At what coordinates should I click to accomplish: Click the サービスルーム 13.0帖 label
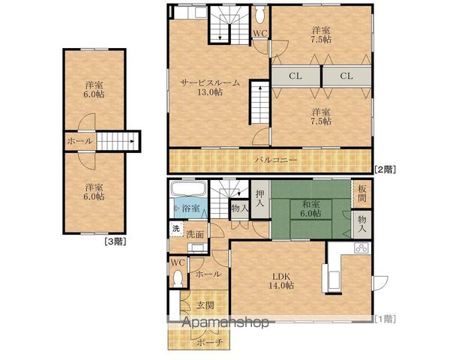click(210, 87)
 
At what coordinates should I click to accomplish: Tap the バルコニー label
click(276, 160)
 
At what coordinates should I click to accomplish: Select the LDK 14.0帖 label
click(281, 281)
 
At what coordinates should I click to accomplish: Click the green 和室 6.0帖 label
click(310, 209)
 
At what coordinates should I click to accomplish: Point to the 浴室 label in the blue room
click(191, 208)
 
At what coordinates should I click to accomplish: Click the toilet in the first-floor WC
click(178, 278)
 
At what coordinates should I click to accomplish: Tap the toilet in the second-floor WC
click(260, 15)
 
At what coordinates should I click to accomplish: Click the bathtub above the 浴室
click(188, 189)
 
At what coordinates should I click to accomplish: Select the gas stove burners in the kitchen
click(361, 247)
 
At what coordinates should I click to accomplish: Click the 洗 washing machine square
click(176, 229)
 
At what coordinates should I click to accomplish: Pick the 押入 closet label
click(259, 198)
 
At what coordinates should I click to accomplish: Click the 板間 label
click(362, 193)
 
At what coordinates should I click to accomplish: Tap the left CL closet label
click(295, 76)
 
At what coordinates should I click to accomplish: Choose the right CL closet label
click(346, 76)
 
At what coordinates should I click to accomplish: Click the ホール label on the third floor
click(80, 141)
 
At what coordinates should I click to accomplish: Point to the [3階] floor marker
click(115, 241)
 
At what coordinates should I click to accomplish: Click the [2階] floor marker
click(385, 169)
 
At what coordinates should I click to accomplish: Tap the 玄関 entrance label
click(205, 305)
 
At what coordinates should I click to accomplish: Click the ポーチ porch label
click(210, 342)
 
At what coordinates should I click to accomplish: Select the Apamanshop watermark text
click(226, 322)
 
